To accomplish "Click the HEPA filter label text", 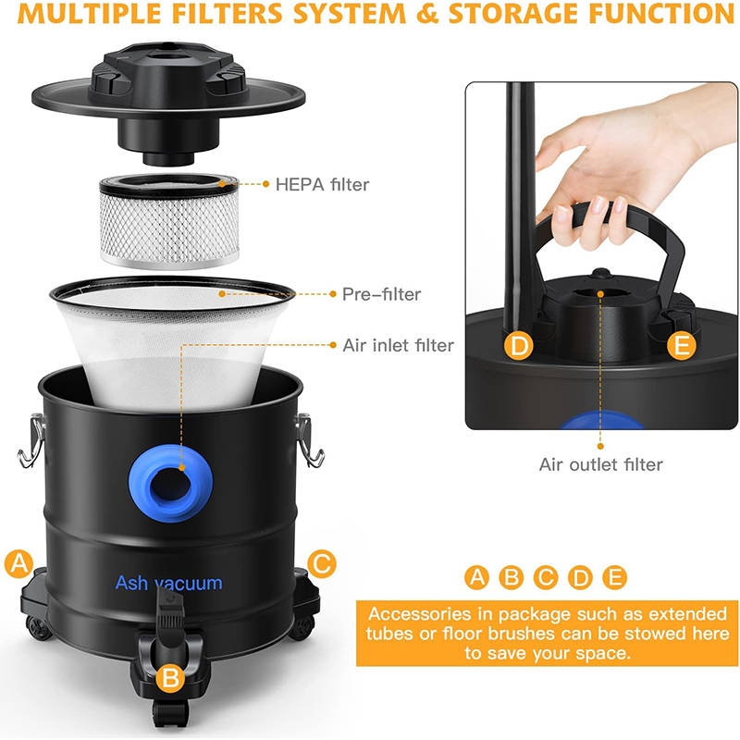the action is pyautogui.click(x=322, y=184).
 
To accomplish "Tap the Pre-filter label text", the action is pyautogui.click(x=381, y=294).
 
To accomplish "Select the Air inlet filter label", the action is pyautogui.click(x=398, y=345).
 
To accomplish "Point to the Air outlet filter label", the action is pyautogui.click(x=600, y=464).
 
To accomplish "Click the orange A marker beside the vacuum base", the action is pyautogui.click(x=18, y=563).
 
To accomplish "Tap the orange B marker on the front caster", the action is pyautogui.click(x=170, y=678).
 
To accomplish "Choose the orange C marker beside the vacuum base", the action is pyautogui.click(x=322, y=563).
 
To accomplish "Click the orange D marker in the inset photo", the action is pyautogui.click(x=519, y=346).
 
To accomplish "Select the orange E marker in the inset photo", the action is pyautogui.click(x=682, y=345).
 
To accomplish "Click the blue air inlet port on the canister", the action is pyautogui.click(x=170, y=482).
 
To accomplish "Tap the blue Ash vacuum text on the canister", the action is pyautogui.click(x=168, y=583).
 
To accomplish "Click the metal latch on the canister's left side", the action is pyautogui.click(x=31, y=440).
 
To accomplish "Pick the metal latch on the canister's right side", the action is pyautogui.click(x=309, y=440).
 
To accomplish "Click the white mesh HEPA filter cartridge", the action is pyautogui.click(x=169, y=221).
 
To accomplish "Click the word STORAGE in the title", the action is pyautogui.click(x=512, y=14).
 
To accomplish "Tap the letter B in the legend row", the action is pyautogui.click(x=512, y=577).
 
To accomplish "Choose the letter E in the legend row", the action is pyautogui.click(x=614, y=577).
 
